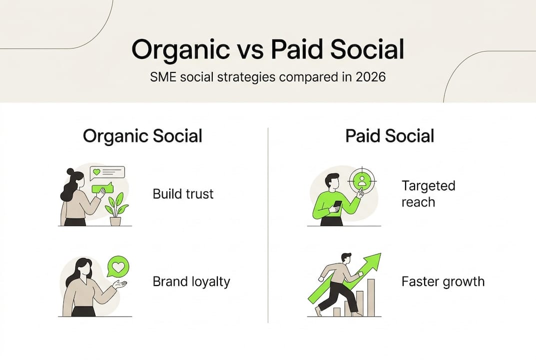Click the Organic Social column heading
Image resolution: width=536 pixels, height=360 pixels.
[142, 136]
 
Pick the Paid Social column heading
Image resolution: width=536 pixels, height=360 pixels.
[390, 136]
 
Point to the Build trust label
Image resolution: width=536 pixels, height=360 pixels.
[183, 193]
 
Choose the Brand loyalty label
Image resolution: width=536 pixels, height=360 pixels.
[191, 281]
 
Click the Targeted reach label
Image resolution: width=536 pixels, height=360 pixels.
[428, 193]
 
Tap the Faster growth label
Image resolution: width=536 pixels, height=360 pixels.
[443, 281]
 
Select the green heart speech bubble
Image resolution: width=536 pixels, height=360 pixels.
[118, 267]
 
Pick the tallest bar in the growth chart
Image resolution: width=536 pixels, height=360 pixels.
[371, 297]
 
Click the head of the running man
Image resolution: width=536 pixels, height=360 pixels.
[346, 257]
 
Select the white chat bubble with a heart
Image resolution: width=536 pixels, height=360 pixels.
[107, 173]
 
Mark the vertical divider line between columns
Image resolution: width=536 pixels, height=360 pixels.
[268, 225]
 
